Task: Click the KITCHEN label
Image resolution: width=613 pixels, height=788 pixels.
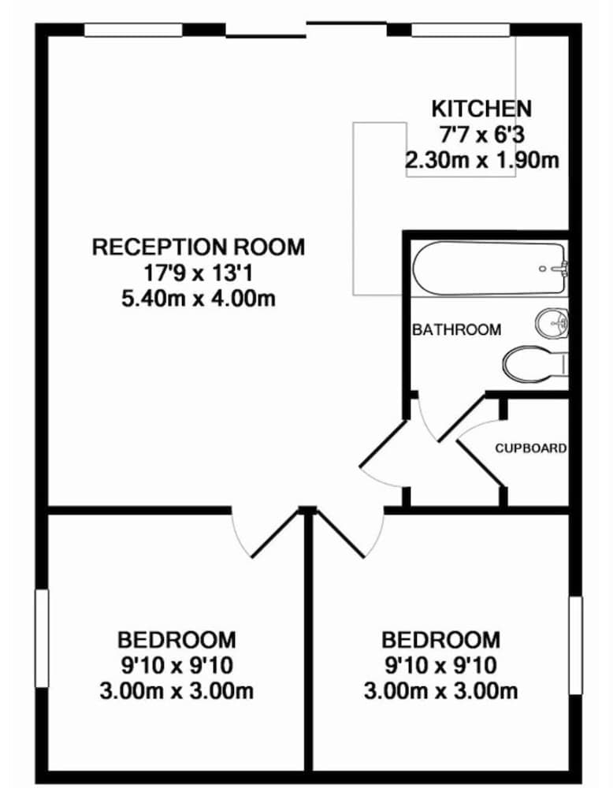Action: (481, 108)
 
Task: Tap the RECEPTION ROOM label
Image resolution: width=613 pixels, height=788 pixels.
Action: (199, 247)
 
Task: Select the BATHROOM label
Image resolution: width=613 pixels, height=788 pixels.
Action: (456, 329)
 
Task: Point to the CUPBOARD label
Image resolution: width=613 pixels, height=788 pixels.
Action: (530, 448)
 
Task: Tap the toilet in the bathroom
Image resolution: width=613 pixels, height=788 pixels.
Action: (533, 363)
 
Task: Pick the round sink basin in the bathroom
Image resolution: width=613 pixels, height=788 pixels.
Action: (552, 322)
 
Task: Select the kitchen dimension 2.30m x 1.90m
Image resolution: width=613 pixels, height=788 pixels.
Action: (481, 160)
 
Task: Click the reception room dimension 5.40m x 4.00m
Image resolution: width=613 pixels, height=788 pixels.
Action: (199, 299)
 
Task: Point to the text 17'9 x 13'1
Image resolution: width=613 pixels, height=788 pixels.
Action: (199, 273)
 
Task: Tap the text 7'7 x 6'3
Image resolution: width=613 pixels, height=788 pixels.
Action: (481, 134)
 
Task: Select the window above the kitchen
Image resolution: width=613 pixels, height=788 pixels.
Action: (461, 30)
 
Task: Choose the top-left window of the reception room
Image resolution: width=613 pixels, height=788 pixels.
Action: (133, 30)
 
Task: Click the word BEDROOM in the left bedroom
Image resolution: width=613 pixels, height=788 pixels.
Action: (176, 638)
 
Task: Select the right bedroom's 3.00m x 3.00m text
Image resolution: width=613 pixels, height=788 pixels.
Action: (440, 692)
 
